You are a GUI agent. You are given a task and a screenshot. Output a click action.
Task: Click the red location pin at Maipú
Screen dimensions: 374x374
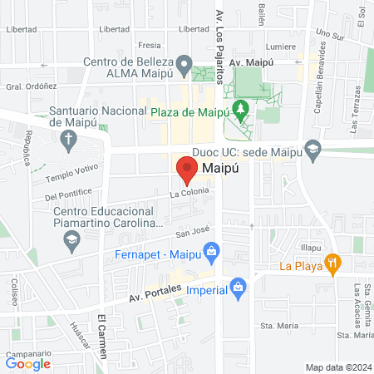tap(186, 170)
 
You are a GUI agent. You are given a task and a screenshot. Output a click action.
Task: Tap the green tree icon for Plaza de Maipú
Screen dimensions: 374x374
tap(240, 108)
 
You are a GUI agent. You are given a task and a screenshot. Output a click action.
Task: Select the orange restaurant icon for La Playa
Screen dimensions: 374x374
tap(332, 264)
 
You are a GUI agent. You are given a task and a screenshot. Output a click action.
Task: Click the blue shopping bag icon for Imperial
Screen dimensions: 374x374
tap(239, 288)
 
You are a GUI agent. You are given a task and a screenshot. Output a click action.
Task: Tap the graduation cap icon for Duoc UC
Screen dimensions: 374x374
tap(313, 150)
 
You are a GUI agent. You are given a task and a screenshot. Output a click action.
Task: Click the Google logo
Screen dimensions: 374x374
tap(27, 362)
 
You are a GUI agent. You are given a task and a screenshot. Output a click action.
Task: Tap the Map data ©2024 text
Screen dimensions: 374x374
tap(338, 367)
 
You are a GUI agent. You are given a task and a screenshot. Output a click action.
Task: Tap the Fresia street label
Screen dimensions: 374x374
tap(150, 46)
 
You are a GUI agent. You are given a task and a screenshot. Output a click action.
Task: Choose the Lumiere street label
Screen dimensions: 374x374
tap(280, 47)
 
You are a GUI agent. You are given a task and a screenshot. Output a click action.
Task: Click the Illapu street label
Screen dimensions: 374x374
tap(311, 248)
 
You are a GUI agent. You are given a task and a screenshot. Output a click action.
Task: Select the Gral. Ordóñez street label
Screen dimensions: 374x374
tap(24, 86)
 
